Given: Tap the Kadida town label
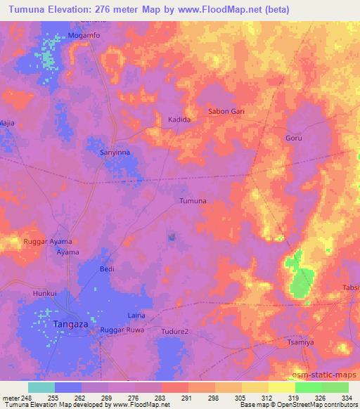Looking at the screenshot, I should point(179,120).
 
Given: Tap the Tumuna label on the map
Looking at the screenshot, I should point(193,201).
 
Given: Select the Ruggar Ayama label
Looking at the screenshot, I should point(49,241).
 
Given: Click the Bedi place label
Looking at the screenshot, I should point(107,269).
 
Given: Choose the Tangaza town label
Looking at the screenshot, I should point(71,324).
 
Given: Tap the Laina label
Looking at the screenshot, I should point(136,316).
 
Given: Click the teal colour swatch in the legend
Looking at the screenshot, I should point(41,387).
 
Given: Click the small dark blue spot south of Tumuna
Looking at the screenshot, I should point(172,237).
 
